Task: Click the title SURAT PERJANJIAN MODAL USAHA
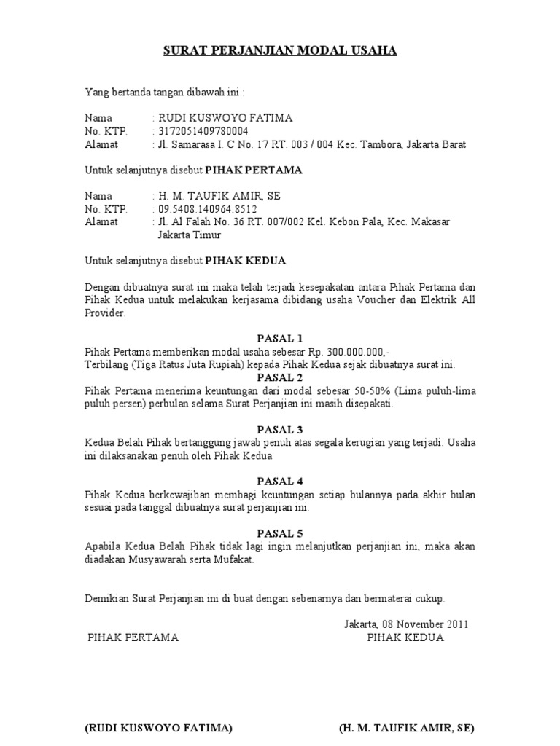pos(279,51)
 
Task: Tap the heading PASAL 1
pos(280,339)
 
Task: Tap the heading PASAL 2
pos(280,377)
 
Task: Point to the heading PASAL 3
pos(280,429)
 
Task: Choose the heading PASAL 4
pos(280,481)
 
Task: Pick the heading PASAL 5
pos(280,533)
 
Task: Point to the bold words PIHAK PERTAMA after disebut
pos(254,170)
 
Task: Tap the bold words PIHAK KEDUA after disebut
pos(245,261)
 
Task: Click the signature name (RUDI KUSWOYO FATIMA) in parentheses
pos(159,729)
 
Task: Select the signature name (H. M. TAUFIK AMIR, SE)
pos(407,729)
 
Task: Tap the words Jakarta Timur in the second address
pos(190,235)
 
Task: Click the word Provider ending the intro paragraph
pos(105,313)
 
